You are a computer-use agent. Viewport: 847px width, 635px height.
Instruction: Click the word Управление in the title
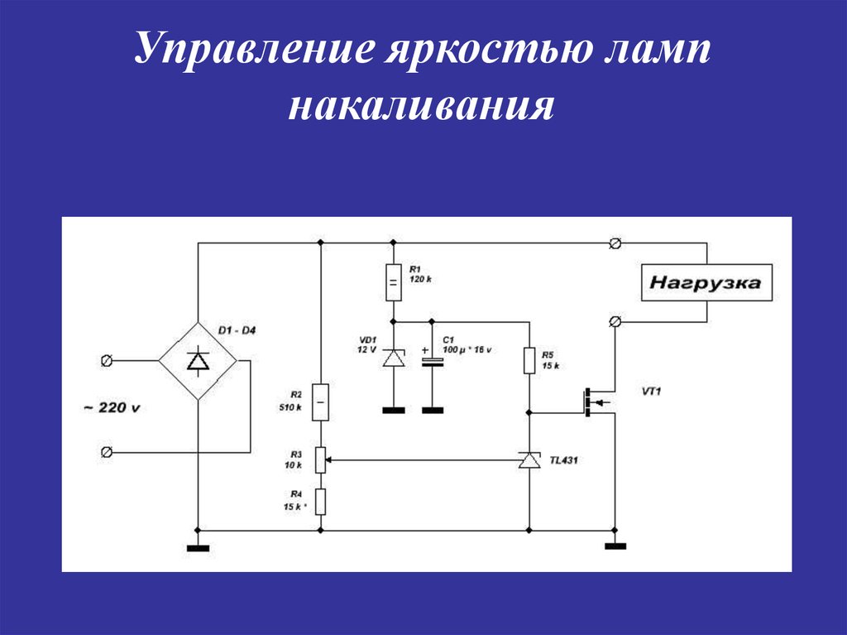click(255, 49)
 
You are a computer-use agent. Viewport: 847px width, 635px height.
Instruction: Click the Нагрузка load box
click(706, 282)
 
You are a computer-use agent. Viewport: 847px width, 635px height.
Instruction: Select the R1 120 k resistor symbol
click(393, 282)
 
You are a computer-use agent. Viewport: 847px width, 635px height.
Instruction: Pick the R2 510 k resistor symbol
click(320, 402)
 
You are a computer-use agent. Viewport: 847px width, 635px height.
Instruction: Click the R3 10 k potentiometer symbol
click(320, 459)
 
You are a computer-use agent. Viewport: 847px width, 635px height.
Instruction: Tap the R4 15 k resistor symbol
click(320, 502)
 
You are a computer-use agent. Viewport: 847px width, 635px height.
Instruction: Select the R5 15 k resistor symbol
click(529, 360)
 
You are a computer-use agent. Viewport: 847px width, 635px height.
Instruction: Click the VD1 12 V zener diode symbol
click(394, 358)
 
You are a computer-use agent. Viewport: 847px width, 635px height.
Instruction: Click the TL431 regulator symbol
click(529, 460)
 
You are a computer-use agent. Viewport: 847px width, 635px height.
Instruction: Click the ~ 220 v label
click(112, 407)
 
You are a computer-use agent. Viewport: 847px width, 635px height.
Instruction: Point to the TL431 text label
click(563, 460)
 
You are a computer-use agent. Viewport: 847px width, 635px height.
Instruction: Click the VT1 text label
click(651, 391)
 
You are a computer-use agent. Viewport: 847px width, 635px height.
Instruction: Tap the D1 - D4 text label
click(237, 330)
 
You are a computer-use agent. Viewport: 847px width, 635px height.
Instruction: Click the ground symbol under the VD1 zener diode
click(393, 411)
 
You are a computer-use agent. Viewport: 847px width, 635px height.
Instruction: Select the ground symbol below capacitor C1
click(432, 411)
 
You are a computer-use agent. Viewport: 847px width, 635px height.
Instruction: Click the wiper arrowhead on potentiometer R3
click(329, 460)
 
